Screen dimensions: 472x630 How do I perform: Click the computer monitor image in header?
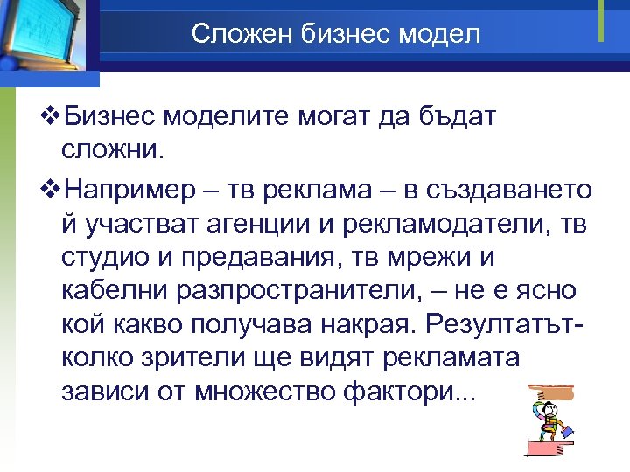coord(44,39)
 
